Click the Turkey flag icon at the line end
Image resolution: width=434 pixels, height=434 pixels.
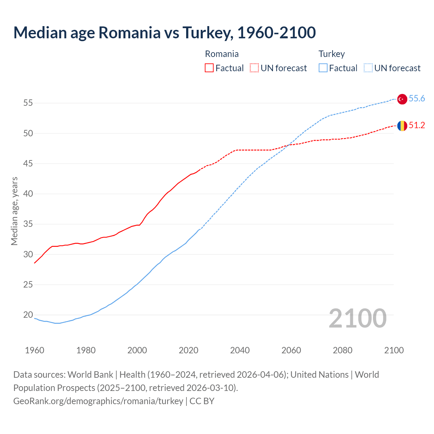[402, 99]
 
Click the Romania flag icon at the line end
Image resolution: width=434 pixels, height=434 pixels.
[402, 126]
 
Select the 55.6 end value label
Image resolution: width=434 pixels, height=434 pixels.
[417, 99]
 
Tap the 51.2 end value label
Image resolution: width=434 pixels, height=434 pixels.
[417, 125]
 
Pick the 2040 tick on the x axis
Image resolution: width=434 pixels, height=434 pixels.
[240, 350]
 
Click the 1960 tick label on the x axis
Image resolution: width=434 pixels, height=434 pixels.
[35, 350]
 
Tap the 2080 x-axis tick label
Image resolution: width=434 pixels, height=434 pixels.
[342, 350]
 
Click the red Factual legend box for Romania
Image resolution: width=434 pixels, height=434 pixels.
[209, 68]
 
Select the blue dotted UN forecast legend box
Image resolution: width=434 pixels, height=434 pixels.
[368, 68]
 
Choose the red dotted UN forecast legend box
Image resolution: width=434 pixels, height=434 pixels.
[254, 68]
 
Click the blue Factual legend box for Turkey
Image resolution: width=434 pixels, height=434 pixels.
[323, 68]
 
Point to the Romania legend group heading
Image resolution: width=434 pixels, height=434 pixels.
[222, 54]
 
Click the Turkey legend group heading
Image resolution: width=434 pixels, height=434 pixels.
[332, 54]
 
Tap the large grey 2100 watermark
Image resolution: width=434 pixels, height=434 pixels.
[357, 318]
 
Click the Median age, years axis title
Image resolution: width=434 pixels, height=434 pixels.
[14, 211]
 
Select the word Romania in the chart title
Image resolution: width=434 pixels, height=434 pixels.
[130, 33]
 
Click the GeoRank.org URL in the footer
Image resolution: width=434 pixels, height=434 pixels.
[98, 401]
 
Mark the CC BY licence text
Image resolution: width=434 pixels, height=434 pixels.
[202, 401]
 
